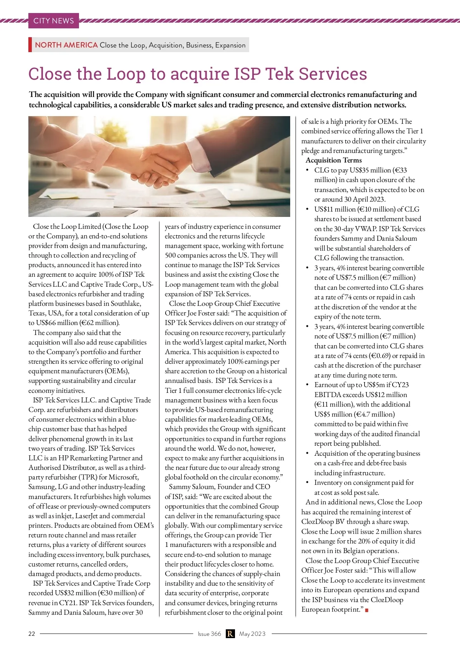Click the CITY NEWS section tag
(53, 21)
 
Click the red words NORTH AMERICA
(66, 45)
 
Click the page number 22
(31, 634)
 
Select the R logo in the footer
(230, 634)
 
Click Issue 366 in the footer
(209, 634)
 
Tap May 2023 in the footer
(252, 634)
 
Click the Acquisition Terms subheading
(333, 160)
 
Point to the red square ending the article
(367, 610)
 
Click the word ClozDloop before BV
(317, 522)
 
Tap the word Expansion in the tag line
(230, 45)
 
